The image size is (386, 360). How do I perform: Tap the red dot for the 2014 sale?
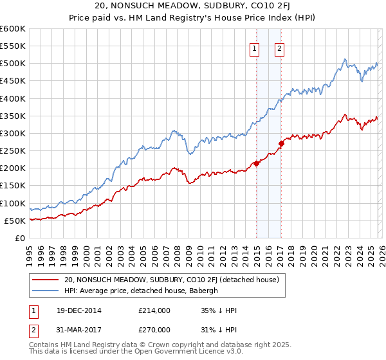(256, 163)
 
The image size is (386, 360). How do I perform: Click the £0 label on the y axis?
(19, 238)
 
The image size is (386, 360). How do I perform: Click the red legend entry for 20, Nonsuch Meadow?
(171, 280)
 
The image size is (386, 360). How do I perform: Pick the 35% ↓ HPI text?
(219, 310)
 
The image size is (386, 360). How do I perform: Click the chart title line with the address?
(193, 8)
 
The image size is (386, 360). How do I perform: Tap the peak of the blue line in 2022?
(345, 59)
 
